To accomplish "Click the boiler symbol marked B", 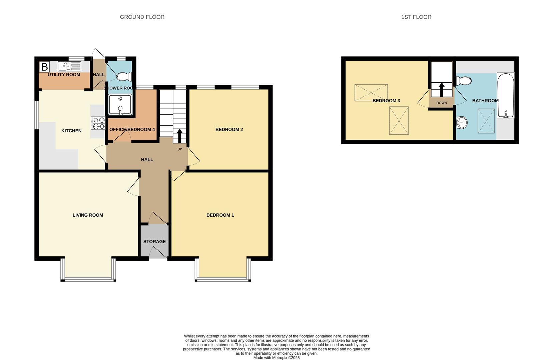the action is [x=44, y=67].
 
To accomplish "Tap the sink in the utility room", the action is [x=69, y=66].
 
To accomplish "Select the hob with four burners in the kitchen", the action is [x=98, y=123].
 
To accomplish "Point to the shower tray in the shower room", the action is [x=120, y=105].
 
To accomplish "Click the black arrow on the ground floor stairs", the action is [x=179, y=136].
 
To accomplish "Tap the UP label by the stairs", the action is [x=180, y=149].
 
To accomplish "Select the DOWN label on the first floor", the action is [x=442, y=103].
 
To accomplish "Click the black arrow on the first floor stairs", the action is [x=442, y=90].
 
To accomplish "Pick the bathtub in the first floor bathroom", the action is [x=506, y=95].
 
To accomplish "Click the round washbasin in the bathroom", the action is [x=462, y=122].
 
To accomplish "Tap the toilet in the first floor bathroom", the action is [x=464, y=81].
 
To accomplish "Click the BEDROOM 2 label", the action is [x=229, y=130].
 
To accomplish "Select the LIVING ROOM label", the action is [x=88, y=215].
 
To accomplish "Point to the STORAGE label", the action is [x=154, y=242].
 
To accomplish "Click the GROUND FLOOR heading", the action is [x=142, y=17].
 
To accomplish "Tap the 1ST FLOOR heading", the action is [x=416, y=17].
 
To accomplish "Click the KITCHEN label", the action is [x=71, y=131].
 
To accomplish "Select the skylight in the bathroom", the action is [x=486, y=121].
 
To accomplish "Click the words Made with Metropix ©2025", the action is [x=276, y=358].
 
